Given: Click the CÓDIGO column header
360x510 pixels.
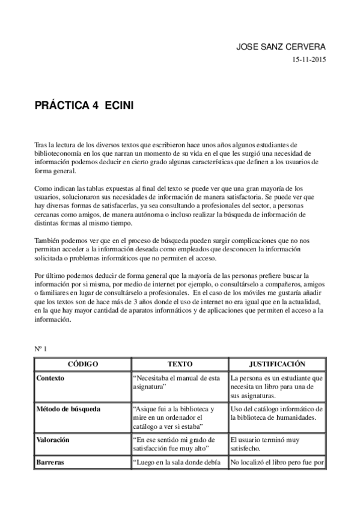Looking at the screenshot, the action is (x=82, y=364).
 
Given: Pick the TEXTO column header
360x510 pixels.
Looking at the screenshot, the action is (x=179, y=364).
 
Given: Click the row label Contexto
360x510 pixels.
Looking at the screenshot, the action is (x=50, y=378).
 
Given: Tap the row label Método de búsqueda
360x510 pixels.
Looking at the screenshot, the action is (x=68, y=409).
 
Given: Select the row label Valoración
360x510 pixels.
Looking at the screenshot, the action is (x=53, y=440).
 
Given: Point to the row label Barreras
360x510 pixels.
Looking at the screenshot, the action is (x=50, y=462).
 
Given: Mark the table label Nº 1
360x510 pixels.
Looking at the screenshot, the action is (x=41, y=349).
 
